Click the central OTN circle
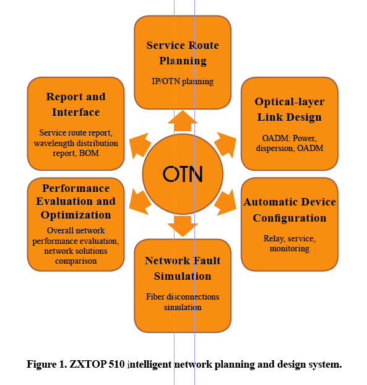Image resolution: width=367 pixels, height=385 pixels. click(x=183, y=174)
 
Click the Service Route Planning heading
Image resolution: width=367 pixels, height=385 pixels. click(x=183, y=53)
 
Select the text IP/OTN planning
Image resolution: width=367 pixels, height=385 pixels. click(x=183, y=81)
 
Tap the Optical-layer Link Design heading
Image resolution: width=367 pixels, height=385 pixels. click(x=290, y=110)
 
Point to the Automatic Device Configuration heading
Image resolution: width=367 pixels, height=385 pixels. click(x=290, y=210)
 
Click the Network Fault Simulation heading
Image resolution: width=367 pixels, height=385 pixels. click(x=183, y=269)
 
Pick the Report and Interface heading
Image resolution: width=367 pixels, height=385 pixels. click(x=76, y=105)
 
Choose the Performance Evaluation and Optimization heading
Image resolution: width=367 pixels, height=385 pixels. click(x=76, y=201)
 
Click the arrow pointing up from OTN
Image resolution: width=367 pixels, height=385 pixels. click(x=183, y=121)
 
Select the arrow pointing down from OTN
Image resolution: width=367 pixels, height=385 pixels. click(x=183, y=227)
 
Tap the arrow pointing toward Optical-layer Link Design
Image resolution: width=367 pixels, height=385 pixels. click(x=226, y=145)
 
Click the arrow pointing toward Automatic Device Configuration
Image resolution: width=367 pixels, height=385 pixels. click(x=226, y=202)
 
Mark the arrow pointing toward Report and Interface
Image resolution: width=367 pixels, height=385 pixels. click(x=140, y=145)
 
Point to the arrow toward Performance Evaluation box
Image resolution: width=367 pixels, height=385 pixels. click(x=140, y=202)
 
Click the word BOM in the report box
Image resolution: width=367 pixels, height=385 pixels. click(x=89, y=153)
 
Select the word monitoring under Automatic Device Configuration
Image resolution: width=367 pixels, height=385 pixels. click(x=290, y=248)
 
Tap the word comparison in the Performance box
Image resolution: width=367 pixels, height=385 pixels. click(x=76, y=261)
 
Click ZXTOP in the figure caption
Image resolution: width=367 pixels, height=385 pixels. click(x=88, y=364)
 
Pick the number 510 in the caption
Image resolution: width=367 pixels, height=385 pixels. click(x=116, y=364)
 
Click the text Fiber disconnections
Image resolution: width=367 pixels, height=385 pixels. click(x=183, y=296)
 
